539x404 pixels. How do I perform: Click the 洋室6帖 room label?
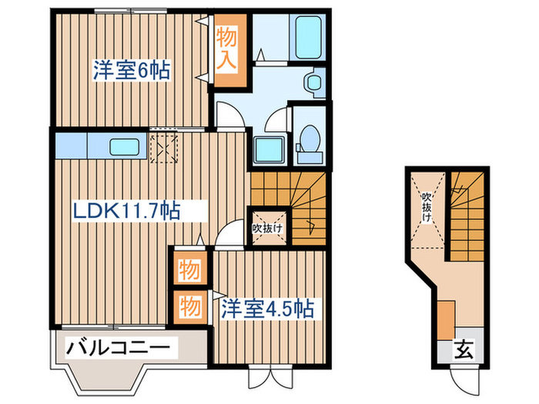point(132,69)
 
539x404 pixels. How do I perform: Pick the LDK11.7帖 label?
point(127,210)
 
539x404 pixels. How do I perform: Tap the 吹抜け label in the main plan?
point(267,228)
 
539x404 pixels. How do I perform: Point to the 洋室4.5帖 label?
point(266,309)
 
